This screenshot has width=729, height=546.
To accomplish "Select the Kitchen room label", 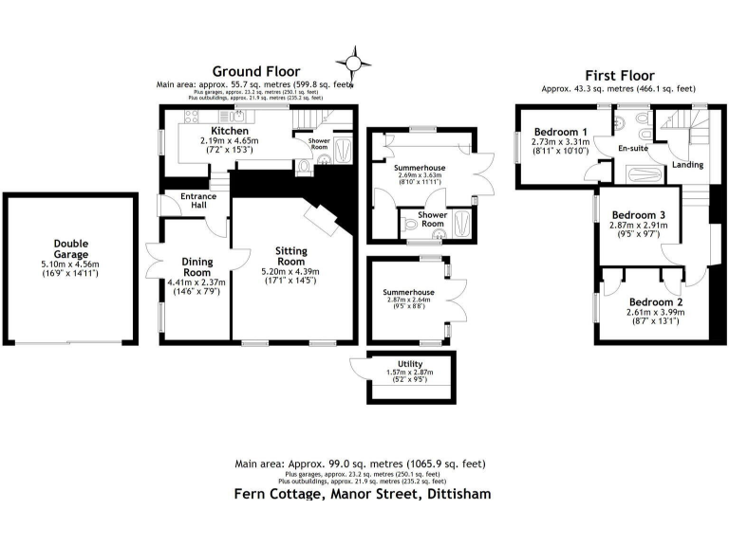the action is [230, 131].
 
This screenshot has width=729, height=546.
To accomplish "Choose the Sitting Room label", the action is [291, 256].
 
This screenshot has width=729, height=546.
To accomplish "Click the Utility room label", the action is [411, 364].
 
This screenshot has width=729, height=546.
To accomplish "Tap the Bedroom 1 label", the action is [560, 132].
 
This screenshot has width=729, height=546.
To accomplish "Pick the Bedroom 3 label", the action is [637, 215].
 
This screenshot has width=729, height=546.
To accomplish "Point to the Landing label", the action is [687, 165].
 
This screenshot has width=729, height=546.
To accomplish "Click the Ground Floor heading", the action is [255, 71].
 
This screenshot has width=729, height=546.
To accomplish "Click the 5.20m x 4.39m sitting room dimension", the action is [291, 272].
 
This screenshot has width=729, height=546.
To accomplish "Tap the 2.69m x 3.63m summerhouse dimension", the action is [421, 176].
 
